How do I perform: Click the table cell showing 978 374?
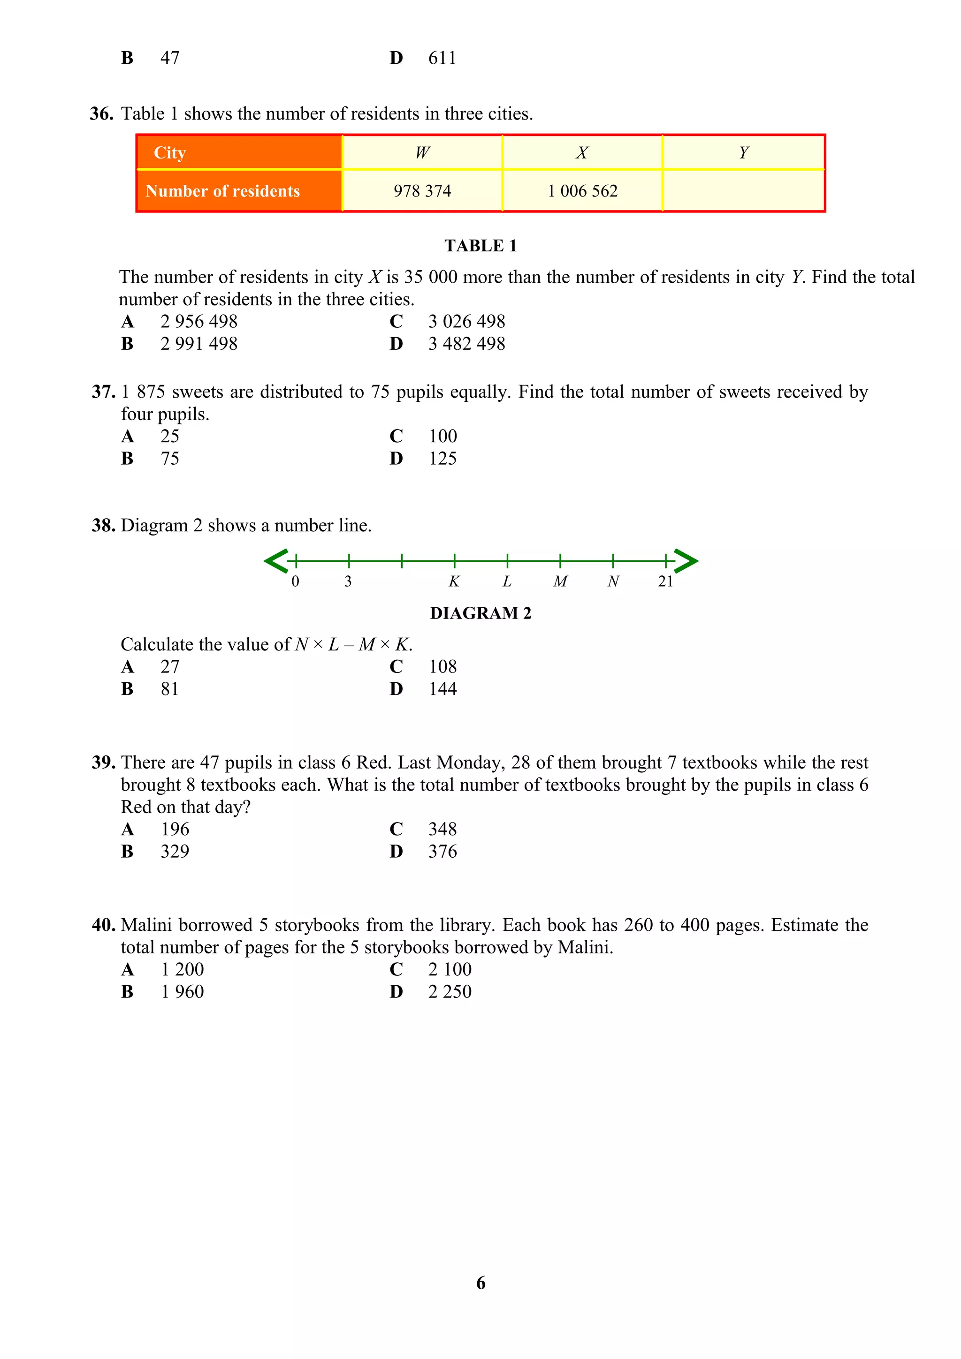coord(422,190)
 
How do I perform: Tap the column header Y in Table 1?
coord(744,153)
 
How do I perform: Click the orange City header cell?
coord(239,153)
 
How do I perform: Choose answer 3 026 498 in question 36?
coord(466,321)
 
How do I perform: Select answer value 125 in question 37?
coord(442,458)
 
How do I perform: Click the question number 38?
coord(103,526)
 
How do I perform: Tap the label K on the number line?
coord(454,581)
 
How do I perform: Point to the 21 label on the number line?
coord(665,581)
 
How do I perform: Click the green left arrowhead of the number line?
coord(275,560)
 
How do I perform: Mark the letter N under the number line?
coord(613,581)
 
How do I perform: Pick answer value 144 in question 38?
coord(442,688)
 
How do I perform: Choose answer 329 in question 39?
coord(175,851)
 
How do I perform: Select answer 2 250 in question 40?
coord(450,991)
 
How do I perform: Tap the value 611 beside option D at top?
coord(442,58)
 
